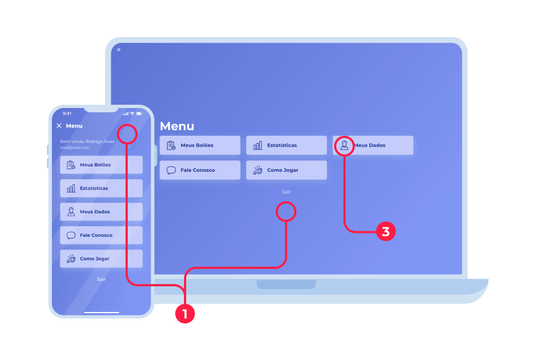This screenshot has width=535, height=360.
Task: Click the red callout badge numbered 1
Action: [x=185, y=314]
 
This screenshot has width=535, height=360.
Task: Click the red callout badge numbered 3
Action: [x=385, y=231]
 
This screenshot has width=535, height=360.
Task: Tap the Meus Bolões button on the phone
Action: [x=101, y=165]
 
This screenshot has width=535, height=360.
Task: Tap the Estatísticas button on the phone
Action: [x=101, y=188]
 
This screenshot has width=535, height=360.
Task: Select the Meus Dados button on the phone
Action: [x=101, y=212]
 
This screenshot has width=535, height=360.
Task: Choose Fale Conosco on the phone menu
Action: [x=101, y=235]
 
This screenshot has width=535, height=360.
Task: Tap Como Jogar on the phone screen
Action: [x=101, y=259]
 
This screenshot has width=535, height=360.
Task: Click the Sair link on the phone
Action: [x=101, y=279]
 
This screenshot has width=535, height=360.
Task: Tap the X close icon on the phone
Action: [x=59, y=125]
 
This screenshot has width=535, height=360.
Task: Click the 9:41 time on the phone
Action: [x=67, y=113]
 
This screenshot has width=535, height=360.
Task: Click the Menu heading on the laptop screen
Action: [x=177, y=126]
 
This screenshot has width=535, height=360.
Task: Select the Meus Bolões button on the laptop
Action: [x=200, y=145]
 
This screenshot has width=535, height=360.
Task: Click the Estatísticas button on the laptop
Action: [x=286, y=145]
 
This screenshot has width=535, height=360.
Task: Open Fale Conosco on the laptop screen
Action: [x=200, y=170]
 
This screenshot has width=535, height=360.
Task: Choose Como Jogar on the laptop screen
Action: [x=286, y=170]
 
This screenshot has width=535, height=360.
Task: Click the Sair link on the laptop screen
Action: [x=286, y=191]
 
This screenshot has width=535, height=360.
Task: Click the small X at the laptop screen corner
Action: [x=118, y=50]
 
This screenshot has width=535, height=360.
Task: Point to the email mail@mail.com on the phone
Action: [x=74, y=147]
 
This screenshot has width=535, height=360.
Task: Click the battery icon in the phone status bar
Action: [x=139, y=113]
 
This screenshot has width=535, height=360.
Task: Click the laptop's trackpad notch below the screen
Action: [x=286, y=284]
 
